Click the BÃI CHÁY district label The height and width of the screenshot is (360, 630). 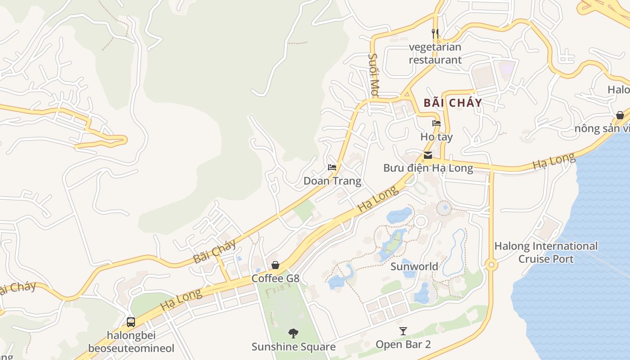(x=453, y=103)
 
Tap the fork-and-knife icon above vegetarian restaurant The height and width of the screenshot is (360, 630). (x=435, y=33)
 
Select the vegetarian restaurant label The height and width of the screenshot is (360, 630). (x=435, y=53)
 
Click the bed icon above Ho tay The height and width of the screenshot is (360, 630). (x=436, y=123)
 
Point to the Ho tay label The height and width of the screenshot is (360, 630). (x=436, y=136)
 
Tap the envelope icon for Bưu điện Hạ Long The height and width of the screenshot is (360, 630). (x=427, y=155)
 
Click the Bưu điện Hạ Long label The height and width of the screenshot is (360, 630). (x=428, y=168)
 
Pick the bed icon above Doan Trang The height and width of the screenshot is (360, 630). (x=332, y=167)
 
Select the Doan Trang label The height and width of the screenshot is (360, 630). (x=332, y=181)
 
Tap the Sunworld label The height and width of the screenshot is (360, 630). (x=414, y=266)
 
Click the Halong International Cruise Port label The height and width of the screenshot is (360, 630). (x=546, y=252)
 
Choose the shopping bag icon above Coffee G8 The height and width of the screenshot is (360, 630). (x=275, y=265)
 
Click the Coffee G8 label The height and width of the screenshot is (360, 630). (x=275, y=279)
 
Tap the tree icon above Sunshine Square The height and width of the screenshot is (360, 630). (x=293, y=333)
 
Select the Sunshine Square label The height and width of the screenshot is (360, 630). (x=293, y=346)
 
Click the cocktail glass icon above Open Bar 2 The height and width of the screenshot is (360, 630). (x=403, y=331)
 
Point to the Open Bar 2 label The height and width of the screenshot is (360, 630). (x=403, y=344)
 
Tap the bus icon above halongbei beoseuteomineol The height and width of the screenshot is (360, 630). (x=131, y=322)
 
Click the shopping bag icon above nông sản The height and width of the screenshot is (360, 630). (x=620, y=115)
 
